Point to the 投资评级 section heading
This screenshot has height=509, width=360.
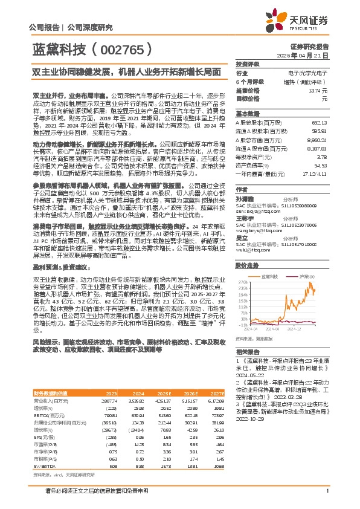247,63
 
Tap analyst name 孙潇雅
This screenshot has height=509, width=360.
245,198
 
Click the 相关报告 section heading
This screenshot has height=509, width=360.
246,351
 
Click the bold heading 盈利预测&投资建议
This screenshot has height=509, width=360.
60,249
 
